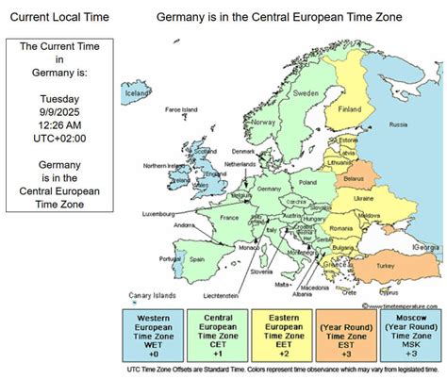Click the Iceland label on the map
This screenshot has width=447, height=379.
[x=138, y=93]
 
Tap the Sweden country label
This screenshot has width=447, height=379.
[x=306, y=94]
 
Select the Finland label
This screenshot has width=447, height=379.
[x=350, y=107]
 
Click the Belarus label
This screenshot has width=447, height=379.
[x=354, y=176]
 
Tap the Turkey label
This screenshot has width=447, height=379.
[x=386, y=266]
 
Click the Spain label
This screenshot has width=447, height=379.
[x=197, y=258]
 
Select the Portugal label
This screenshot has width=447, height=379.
[x=169, y=258]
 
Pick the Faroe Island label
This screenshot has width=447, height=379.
[x=181, y=109]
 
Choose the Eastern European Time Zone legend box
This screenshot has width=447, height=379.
[x=283, y=335]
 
